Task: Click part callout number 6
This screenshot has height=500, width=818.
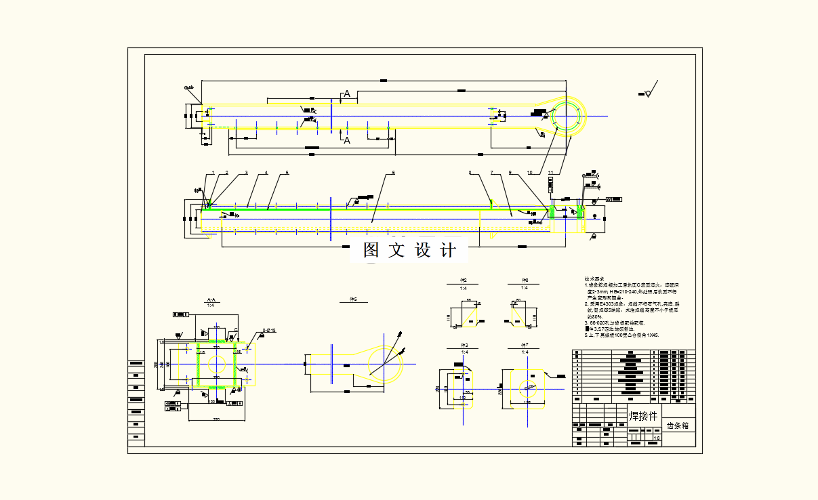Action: [x=393, y=173]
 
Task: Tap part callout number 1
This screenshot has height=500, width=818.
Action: [x=213, y=173]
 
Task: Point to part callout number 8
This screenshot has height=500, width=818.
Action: [x=470, y=173]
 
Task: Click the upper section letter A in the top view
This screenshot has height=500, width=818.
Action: [x=347, y=94]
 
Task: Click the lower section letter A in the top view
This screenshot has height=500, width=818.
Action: [x=347, y=140]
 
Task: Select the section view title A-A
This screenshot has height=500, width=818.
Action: [x=211, y=298]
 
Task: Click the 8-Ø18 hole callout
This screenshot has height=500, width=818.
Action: [x=270, y=331]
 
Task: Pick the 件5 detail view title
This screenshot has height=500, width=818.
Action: [x=352, y=298]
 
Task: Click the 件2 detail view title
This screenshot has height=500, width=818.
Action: [x=464, y=280]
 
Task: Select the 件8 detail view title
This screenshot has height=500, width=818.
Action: [x=525, y=280]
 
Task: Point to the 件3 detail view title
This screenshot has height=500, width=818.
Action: [x=464, y=346]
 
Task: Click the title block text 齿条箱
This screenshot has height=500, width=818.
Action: [x=678, y=426]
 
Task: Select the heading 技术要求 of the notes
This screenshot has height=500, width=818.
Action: [x=594, y=279]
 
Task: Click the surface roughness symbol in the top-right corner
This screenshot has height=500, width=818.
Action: [x=651, y=90]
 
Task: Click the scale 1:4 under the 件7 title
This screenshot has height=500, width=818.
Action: [x=525, y=352]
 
